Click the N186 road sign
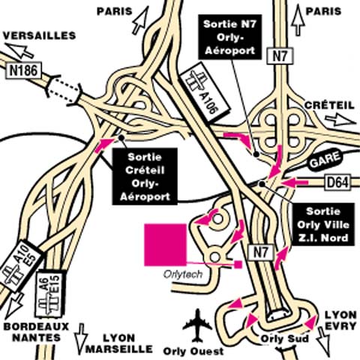[x=23, y=70]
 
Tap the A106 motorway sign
[x=205, y=92]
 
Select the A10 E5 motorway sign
[x=21, y=266]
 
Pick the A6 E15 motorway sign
[x=50, y=293]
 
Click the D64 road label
[x=337, y=183]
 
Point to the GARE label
[x=325, y=160]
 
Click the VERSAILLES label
[x=39, y=35]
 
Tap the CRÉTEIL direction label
[x=329, y=105]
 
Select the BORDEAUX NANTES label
[x=36, y=332]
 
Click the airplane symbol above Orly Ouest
[x=197, y=325]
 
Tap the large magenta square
[x=166, y=244]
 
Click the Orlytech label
[x=183, y=274]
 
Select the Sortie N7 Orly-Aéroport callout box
[x=229, y=37]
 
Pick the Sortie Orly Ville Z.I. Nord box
[x=323, y=224]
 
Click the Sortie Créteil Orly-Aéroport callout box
[x=145, y=176]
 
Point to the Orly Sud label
[x=284, y=339]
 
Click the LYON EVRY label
[x=340, y=320]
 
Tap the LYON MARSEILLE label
[x=119, y=343]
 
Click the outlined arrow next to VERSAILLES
[x=19, y=50]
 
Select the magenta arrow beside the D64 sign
[x=295, y=182]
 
